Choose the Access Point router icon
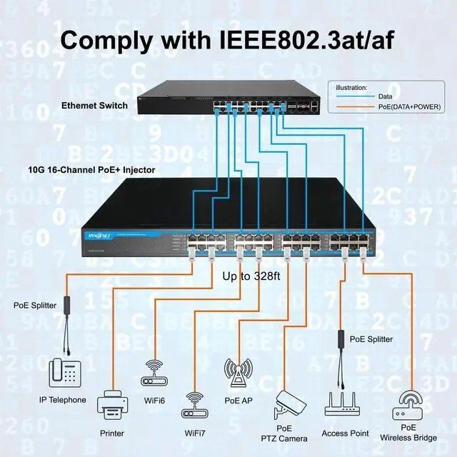pyautogui.click(x=345, y=404)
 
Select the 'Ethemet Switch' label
pyautogui.click(x=94, y=106)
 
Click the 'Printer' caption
pyautogui.click(x=111, y=433)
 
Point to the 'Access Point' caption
pyautogui.click(x=345, y=433)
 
